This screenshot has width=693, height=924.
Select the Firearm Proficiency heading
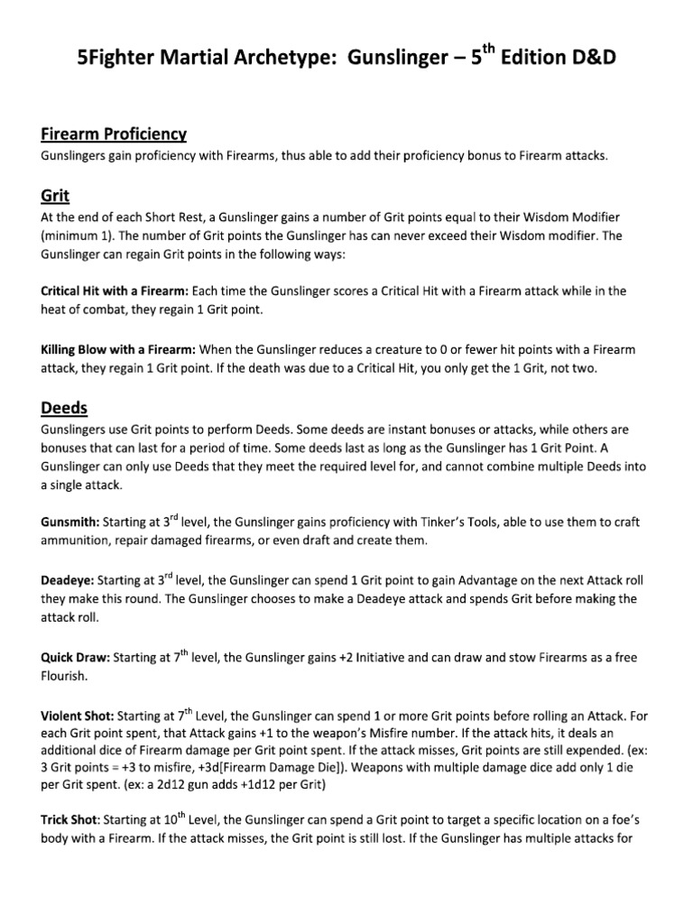click(114, 134)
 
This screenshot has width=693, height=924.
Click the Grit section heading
click(55, 195)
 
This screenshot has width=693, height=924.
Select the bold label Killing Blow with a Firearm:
click(118, 349)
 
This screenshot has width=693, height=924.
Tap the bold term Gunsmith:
click(70, 522)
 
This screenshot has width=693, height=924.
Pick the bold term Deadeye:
click(69, 580)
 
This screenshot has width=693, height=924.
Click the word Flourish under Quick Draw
click(63, 675)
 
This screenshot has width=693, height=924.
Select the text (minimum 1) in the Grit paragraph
click(76, 236)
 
